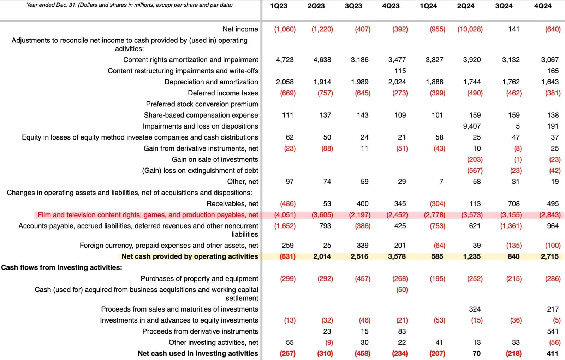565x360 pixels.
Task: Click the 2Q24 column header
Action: coord(465,6)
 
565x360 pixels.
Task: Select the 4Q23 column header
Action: coord(391,6)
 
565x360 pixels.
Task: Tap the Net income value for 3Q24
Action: coord(514,29)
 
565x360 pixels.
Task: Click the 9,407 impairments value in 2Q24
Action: coord(472,126)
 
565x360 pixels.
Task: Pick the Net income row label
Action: coord(240,29)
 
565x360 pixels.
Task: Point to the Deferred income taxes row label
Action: coord(223,93)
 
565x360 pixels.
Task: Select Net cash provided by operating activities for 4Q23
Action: coord(397,256)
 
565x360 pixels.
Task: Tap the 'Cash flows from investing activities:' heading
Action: coord(61,267)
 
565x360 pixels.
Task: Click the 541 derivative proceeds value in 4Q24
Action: coord(553,331)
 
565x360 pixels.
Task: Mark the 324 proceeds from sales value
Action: coord(475,309)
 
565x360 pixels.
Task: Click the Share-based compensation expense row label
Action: coord(201,115)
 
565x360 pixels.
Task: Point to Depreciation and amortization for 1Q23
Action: coord(285,82)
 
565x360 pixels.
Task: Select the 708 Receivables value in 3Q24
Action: coord(514,204)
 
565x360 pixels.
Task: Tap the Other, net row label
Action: coord(243,182)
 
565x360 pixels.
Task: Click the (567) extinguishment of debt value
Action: coord(475,171)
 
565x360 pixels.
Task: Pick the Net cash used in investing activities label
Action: coord(198,353)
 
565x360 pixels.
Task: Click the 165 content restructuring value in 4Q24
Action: coord(553,71)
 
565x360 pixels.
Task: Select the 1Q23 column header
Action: coord(279,6)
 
